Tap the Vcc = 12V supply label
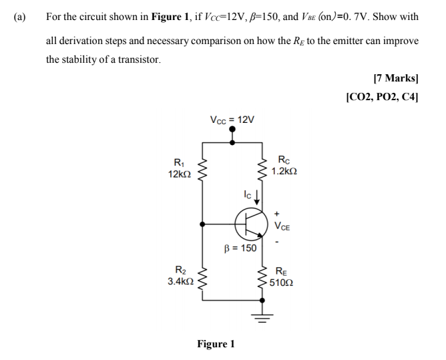[232, 120]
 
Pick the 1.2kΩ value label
[285, 172]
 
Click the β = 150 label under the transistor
[240, 248]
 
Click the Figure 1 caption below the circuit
[216, 345]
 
